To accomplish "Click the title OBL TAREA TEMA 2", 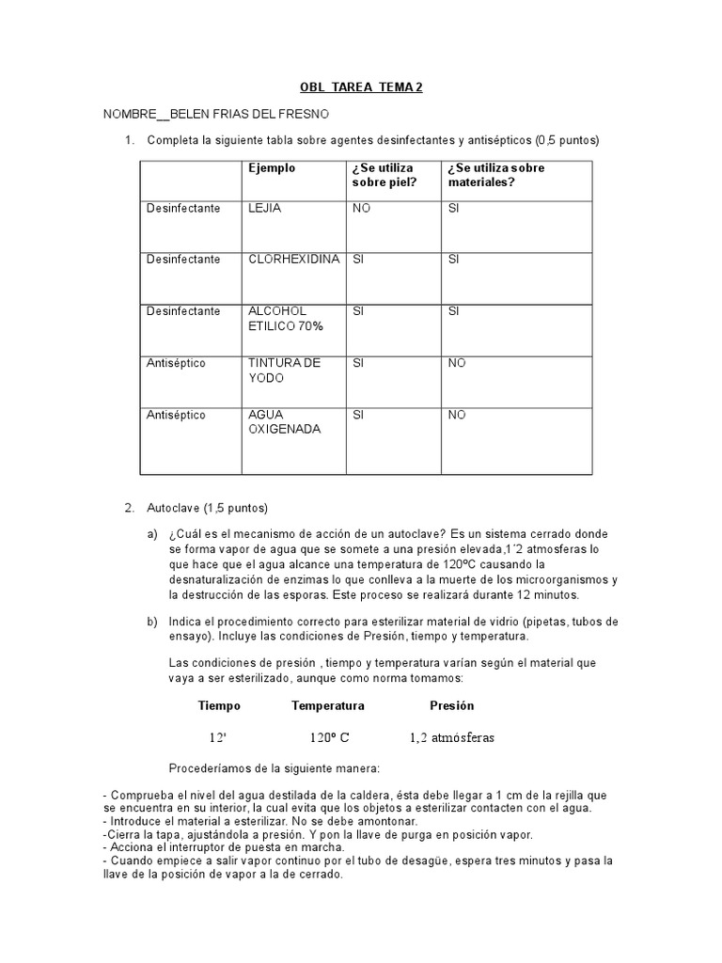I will (x=361, y=87).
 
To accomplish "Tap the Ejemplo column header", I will (x=272, y=168).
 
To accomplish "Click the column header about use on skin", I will (x=383, y=175).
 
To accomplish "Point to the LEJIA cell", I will (x=265, y=208).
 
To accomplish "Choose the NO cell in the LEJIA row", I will (x=362, y=208).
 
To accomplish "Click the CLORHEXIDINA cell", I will (x=293, y=259).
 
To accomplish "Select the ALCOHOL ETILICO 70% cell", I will (x=285, y=318).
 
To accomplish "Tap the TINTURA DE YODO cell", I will (x=284, y=370).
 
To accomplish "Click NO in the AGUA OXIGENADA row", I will (x=457, y=415).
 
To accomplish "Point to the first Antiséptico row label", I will (x=176, y=363).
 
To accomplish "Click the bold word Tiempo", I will (x=219, y=705).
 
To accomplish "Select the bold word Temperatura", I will (x=328, y=705).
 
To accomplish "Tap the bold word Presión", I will (x=452, y=705).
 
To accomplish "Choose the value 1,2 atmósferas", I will (x=452, y=737).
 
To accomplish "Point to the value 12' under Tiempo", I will (x=218, y=737).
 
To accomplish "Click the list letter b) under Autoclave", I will (x=152, y=622).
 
